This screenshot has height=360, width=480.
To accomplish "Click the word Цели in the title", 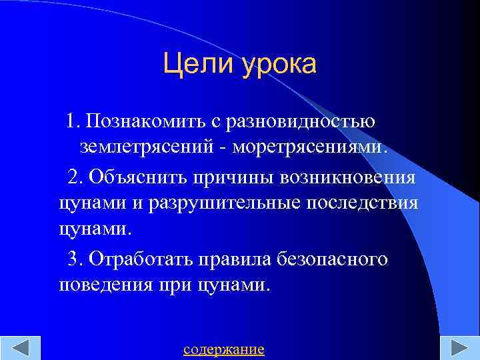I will point(193,65).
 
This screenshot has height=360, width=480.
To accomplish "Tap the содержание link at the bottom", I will point(223,349).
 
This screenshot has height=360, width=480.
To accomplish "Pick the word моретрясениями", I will point(309,147).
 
